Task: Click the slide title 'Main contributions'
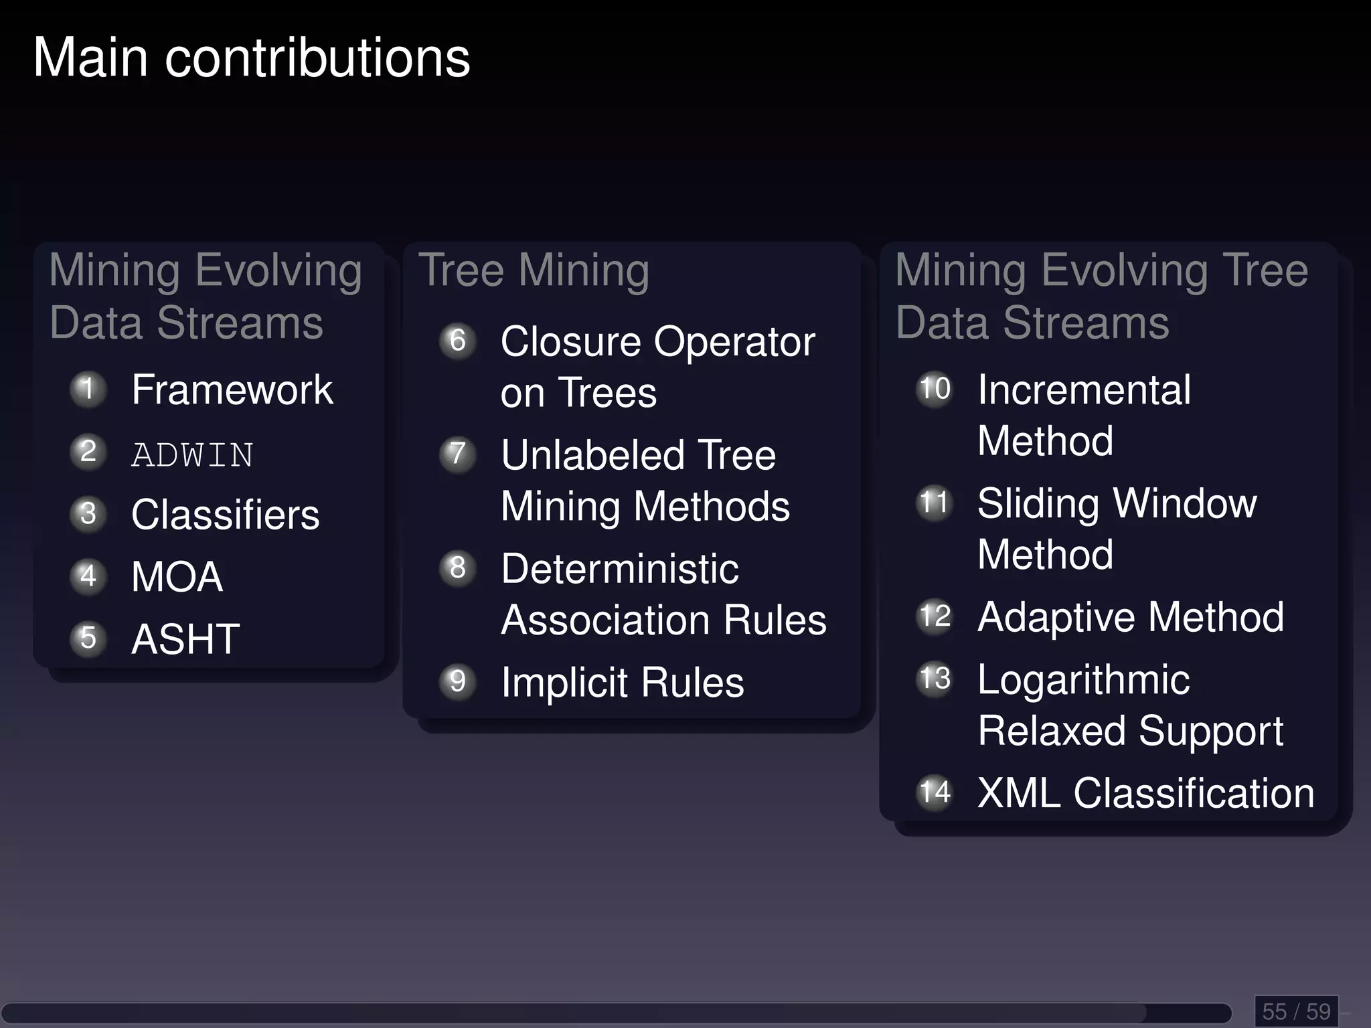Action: [252, 58]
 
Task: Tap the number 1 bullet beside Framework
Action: [88, 389]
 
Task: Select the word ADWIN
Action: [192, 455]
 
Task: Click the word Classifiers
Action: [225, 515]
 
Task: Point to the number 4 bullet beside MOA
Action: [88, 576]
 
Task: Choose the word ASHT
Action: [185, 639]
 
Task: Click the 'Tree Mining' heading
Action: [534, 271]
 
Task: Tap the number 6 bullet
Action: [458, 341]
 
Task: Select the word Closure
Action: [570, 342]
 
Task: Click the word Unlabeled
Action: [592, 456]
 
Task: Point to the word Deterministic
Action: [619, 570]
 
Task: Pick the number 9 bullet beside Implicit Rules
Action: [458, 681]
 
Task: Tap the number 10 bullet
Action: [935, 389]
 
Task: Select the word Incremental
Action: [1084, 390]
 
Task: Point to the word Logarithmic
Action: [1083, 681]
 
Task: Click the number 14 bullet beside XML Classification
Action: [935, 792]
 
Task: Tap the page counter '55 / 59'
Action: [1296, 1011]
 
